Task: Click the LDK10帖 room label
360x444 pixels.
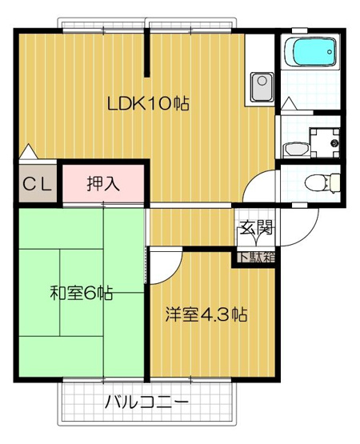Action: coord(148,103)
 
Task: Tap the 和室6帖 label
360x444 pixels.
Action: coord(82,293)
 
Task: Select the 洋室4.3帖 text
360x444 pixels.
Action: coord(206,314)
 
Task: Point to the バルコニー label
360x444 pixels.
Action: coord(146,402)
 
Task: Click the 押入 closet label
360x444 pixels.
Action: coord(103,183)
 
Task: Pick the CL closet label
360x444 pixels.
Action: coord(37,185)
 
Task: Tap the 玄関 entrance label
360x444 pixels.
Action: coord(256,227)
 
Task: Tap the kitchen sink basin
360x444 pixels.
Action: coord(262,87)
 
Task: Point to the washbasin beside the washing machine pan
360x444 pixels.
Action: coord(296,149)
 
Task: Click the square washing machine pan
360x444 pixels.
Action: coord(325,143)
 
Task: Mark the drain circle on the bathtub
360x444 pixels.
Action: coord(330,52)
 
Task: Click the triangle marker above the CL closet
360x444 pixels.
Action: coord(28,151)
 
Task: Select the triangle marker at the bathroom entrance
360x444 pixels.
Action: coord(289,103)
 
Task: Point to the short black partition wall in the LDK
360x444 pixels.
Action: coord(146,54)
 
